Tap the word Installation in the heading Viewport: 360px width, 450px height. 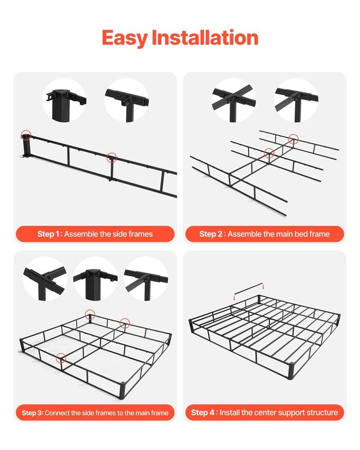(204, 38)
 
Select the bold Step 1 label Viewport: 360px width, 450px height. (49, 234)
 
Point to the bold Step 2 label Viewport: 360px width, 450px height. (211, 234)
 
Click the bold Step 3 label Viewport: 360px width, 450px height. (32, 413)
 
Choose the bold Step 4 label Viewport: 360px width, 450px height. (203, 413)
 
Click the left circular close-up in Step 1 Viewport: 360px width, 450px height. (64, 100)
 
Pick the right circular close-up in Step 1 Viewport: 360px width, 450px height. (127, 100)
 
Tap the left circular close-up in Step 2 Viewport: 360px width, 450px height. (233, 100)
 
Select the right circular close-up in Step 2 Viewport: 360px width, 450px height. (295, 100)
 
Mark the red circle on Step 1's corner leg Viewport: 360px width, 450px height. (26, 135)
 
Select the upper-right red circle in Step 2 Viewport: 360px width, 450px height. (293, 138)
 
